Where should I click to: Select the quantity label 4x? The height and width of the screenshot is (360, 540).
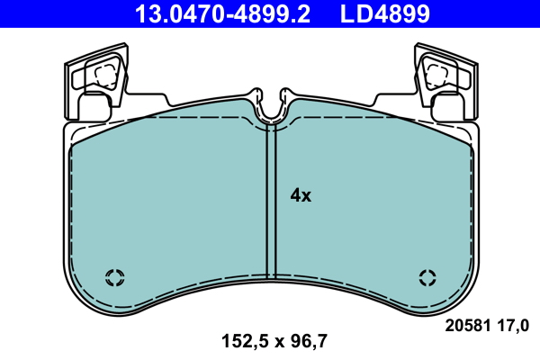point(300,194)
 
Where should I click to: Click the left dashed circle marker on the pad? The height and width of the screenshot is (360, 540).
point(114,276)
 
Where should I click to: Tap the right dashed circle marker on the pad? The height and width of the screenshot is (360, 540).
point(427,276)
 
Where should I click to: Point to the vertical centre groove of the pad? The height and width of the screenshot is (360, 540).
point(270,202)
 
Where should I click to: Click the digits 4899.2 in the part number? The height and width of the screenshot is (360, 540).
point(261,13)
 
